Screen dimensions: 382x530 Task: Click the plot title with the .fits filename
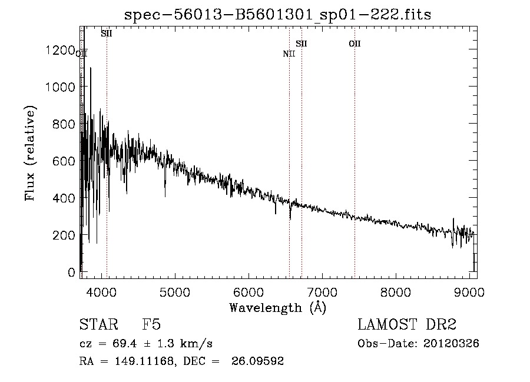tap(277, 15)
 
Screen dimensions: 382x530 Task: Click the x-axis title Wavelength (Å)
tap(277, 307)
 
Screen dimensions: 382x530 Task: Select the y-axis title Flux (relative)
tap(30, 153)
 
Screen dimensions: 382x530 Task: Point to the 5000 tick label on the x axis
tap(174, 291)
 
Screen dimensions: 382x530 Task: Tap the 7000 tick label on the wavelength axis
tap(322, 291)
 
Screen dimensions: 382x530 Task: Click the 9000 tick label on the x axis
tap(469, 291)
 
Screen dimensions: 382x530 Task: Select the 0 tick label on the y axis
tap(72, 273)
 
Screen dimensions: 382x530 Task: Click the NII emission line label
tap(289, 54)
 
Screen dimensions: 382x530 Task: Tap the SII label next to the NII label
tap(302, 44)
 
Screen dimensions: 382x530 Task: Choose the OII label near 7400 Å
tap(355, 44)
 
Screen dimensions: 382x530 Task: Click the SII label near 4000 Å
tap(107, 34)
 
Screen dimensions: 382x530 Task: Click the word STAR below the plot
tap(98, 325)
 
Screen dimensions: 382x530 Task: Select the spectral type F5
tap(151, 325)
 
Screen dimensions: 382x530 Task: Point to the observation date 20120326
tap(451, 344)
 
